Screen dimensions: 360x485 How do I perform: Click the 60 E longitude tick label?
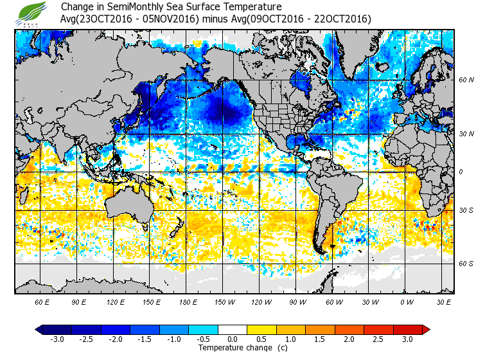[x=42, y=301]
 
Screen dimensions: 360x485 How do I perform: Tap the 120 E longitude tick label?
[x=116, y=301]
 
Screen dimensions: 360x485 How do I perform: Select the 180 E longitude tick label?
[x=188, y=301]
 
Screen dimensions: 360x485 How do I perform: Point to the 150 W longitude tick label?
[x=224, y=301]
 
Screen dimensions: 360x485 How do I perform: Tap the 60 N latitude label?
[x=466, y=80]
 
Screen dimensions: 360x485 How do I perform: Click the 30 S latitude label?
[x=466, y=211]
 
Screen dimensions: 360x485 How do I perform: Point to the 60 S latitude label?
[x=466, y=264]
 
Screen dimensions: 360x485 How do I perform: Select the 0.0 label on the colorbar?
[x=233, y=339]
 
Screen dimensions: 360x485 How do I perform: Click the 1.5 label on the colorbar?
[x=321, y=339]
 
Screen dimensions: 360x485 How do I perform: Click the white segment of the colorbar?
[x=233, y=330]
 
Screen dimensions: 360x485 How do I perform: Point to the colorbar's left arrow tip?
[x=37, y=330]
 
